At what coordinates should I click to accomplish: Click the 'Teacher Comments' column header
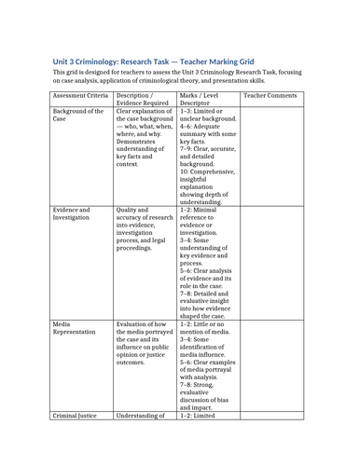(x=270, y=95)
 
